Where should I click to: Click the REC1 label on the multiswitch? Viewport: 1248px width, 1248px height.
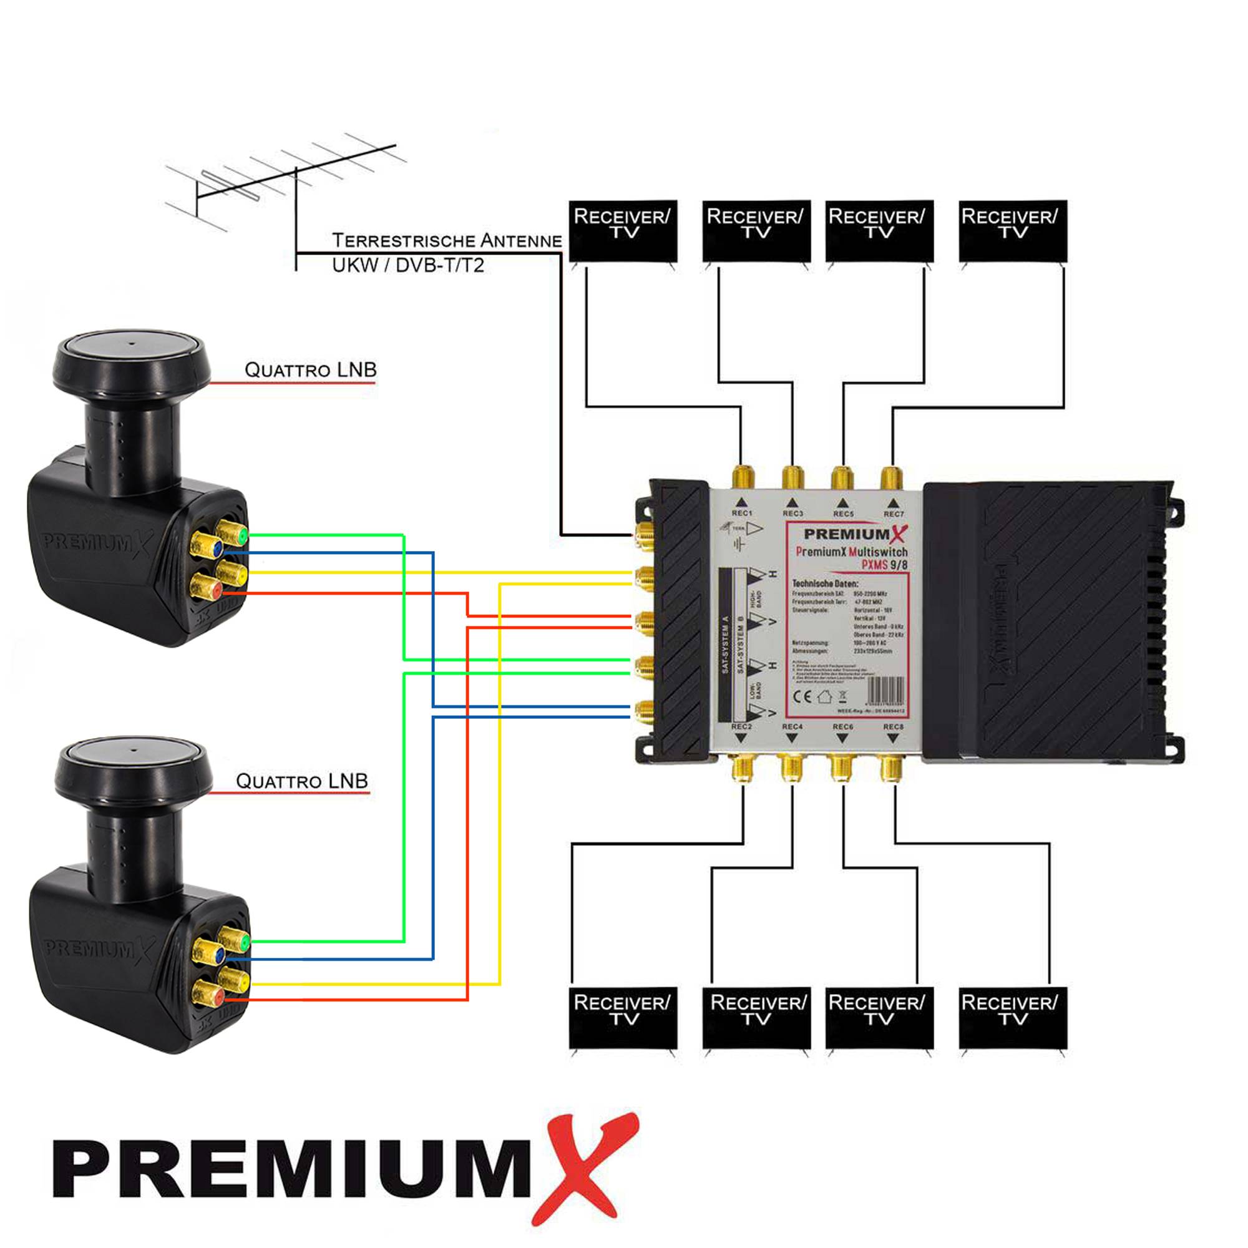(741, 513)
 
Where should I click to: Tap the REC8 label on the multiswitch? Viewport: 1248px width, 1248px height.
(894, 727)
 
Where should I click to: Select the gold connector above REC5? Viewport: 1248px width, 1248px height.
(842, 478)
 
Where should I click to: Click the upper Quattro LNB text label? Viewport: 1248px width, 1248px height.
(310, 370)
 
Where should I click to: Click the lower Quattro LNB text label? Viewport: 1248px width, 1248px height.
(301, 781)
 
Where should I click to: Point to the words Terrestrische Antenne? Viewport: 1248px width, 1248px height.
(446, 241)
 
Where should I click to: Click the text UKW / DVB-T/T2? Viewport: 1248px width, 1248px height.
(407, 265)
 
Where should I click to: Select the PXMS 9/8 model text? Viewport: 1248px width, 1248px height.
(884, 565)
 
